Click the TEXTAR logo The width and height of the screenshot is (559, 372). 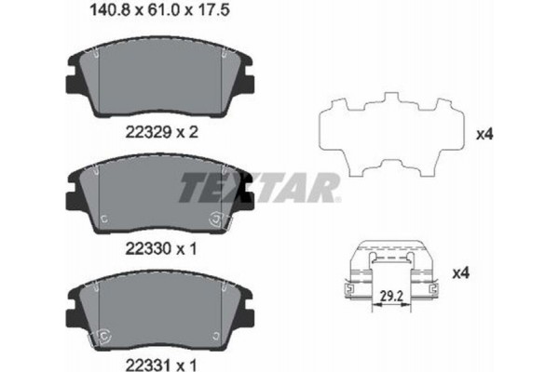click(x=256, y=190)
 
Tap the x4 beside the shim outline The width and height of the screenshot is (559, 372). click(x=484, y=134)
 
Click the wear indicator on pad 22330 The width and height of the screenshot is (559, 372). click(x=220, y=220)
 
